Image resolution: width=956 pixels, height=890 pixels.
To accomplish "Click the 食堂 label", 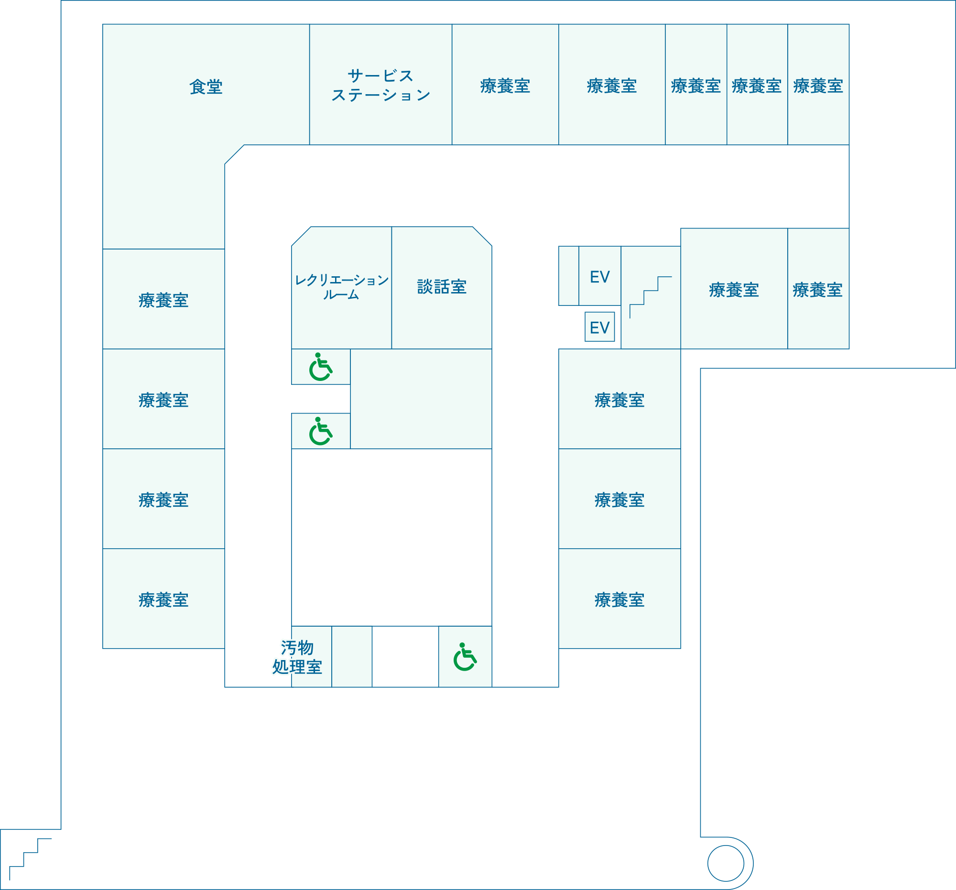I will pyautogui.click(x=206, y=87).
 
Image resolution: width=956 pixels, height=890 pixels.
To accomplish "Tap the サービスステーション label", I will pyautogui.click(x=380, y=86).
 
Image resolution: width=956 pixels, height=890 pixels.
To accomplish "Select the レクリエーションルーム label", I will pyautogui.click(x=341, y=287).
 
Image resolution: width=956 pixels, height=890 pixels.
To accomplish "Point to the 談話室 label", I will pyautogui.click(x=442, y=287).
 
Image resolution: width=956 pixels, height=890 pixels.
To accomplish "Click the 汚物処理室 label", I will pyautogui.click(x=297, y=657).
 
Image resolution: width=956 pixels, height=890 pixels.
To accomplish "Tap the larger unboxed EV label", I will pyautogui.click(x=600, y=277).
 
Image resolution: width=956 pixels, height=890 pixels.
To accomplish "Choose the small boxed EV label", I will pyautogui.click(x=600, y=327).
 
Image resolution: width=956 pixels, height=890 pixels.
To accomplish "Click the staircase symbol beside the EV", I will pyautogui.click(x=650, y=297).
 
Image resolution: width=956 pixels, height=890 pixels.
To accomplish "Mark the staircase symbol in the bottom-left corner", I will pyautogui.click(x=30, y=859).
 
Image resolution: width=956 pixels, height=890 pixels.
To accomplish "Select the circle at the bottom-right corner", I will pyautogui.click(x=726, y=864).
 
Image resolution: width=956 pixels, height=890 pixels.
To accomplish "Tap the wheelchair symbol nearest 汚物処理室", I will pyautogui.click(x=465, y=657).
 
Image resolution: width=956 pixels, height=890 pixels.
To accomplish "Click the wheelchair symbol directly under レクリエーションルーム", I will pyautogui.click(x=321, y=367).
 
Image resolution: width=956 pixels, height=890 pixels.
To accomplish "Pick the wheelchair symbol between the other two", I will pyautogui.click(x=321, y=431).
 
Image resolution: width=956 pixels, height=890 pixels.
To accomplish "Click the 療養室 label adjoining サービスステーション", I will pyautogui.click(x=505, y=86).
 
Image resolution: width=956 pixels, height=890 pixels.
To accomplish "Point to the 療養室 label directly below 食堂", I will pyautogui.click(x=163, y=301).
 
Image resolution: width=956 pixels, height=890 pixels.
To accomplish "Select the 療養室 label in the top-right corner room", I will pyautogui.click(x=818, y=86).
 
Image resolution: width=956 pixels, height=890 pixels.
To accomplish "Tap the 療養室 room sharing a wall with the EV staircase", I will pyautogui.click(x=734, y=290).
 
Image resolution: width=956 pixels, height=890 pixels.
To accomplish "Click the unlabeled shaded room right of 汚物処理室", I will pyautogui.click(x=351, y=657).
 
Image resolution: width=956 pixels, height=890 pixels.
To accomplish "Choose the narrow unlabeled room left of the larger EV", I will pyautogui.click(x=568, y=275).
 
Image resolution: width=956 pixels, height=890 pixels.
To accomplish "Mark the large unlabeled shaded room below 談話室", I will pyautogui.click(x=421, y=399).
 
